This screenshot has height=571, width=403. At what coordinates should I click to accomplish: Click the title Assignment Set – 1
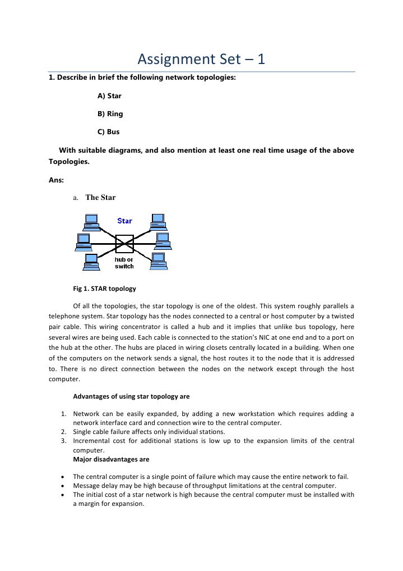[201, 58]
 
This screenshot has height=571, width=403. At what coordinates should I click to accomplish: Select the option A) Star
[109, 96]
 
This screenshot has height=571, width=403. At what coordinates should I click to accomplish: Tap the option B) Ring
[110, 114]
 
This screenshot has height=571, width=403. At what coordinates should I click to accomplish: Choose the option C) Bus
[108, 132]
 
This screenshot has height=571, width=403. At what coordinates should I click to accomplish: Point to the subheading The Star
[100, 198]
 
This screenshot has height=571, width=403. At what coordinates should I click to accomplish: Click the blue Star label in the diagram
[124, 221]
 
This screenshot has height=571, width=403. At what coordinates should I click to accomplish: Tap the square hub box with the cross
[124, 244]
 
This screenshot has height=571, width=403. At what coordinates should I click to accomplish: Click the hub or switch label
[124, 263]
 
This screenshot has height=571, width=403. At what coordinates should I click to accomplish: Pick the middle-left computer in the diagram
[84, 242]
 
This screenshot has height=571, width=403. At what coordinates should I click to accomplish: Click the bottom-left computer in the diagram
[91, 262]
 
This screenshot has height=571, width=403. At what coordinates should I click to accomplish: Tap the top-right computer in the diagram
[158, 222]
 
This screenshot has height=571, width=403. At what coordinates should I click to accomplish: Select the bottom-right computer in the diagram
[159, 261]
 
